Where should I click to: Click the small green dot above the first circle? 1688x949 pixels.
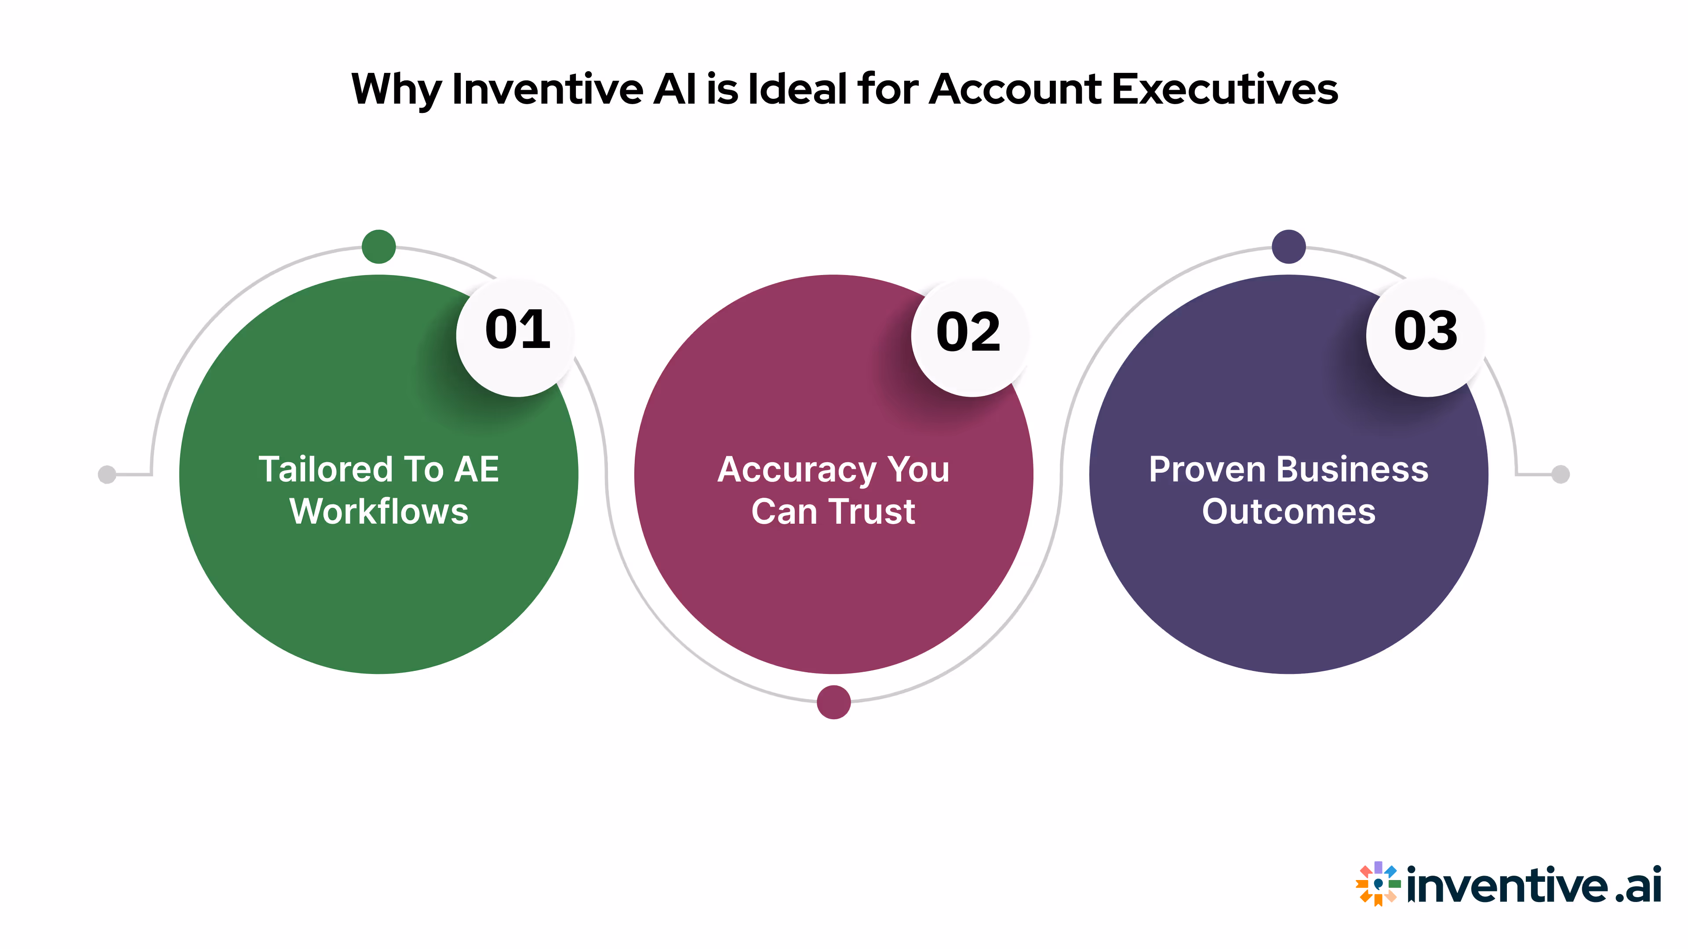[x=379, y=247]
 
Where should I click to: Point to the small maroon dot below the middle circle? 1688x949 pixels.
[x=833, y=702]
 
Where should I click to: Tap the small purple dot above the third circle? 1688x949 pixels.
[x=1288, y=247]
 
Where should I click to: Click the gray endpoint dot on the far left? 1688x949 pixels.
[x=107, y=474]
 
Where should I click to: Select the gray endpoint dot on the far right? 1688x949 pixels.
[x=1561, y=474]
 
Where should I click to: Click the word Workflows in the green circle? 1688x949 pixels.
[x=379, y=511]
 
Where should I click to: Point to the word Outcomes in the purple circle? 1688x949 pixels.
[x=1288, y=511]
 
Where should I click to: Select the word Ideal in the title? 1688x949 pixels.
[x=797, y=89]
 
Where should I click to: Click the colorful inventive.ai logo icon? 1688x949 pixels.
[x=1377, y=884]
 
